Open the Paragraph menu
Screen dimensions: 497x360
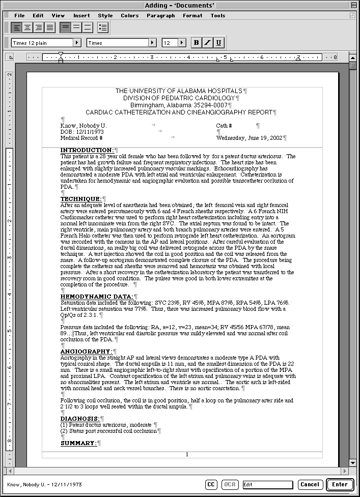click(x=160, y=16)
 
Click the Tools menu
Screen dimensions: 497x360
click(x=217, y=16)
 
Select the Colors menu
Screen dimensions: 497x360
click(x=129, y=16)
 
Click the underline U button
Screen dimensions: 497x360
click(x=218, y=43)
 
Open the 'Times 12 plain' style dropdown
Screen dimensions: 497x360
click(x=46, y=43)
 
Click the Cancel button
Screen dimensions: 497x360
click(x=309, y=484)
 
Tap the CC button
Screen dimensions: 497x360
click(x=211, y=484)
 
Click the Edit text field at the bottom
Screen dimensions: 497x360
click(x=267, y=484)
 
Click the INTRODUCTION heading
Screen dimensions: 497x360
click(x=87, y=150)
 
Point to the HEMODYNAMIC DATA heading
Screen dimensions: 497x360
click(x=96, y=296)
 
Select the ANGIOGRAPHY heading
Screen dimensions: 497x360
click(x=86, y=351)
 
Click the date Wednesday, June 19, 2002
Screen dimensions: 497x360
click(x=249, y=138)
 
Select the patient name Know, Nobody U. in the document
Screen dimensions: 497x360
click(x=83, y=126)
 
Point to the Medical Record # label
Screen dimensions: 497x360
click(x=81, y=138)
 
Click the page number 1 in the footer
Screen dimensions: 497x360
click(x=187, y=454)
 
